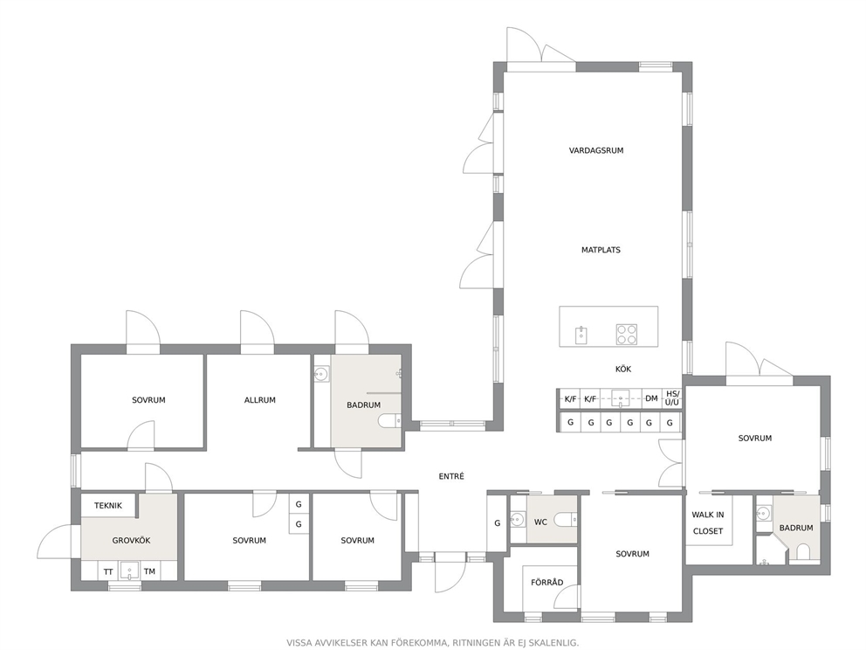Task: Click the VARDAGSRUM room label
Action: (x=596, y=150)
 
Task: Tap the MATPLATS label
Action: (x=601, y=250)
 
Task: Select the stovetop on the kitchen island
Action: (x=626, y=335)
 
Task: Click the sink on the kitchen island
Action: (x=581, y=335)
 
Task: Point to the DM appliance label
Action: (x=652, y=398)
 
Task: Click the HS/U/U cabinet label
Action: (x=672, y=398)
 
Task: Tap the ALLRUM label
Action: (x=259, y=400)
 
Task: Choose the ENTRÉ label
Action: (x=451, y=476)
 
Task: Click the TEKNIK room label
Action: (x=107, y=505)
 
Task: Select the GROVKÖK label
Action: (x=132, y=540)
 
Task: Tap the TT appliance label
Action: (x=108, y=571)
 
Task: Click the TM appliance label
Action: (x=149, y=571)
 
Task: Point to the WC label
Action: (x=540, y=522)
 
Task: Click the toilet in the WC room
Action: (x=565, y=520)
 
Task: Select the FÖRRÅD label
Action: (x=546, y=582)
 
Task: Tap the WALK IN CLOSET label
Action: (x=707, y=522)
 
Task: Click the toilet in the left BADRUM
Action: (x=390, y=422)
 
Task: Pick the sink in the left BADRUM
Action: (x=321, y=376)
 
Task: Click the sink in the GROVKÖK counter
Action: (x=129, y=570)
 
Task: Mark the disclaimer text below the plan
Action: (x=432, y=643)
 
